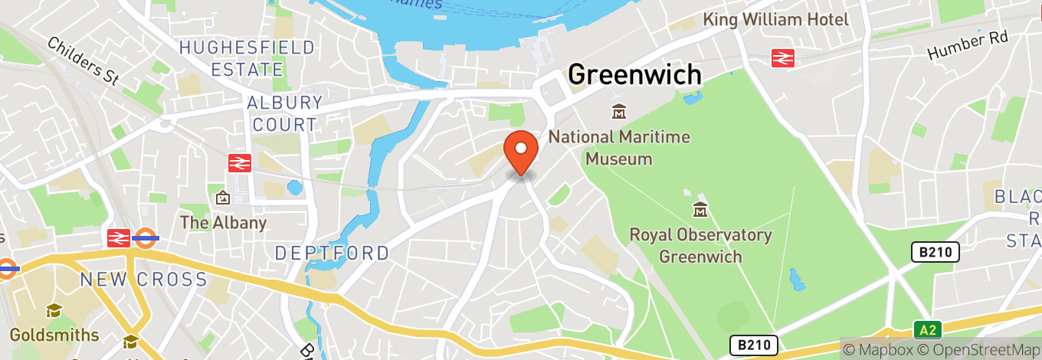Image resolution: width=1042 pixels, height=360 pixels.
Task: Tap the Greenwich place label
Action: (634, 74)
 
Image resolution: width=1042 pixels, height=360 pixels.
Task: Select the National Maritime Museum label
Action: (619, 148)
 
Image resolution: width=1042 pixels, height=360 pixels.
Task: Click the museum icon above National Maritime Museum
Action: (618, 113)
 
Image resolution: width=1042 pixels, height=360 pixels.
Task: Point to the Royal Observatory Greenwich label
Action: (700, 245)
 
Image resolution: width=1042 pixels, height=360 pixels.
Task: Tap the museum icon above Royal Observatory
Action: (700, 208)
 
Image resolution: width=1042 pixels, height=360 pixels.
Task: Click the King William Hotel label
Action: (776, 19)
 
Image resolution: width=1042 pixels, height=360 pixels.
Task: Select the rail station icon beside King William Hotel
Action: (782, 57)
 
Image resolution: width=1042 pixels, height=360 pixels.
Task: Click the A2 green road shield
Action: (927, 330)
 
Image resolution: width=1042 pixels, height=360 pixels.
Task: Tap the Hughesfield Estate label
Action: (247, 58)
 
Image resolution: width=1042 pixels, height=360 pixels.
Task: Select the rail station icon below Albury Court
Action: (240, 162)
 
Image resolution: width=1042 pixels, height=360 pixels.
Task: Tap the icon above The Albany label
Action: (223, 198)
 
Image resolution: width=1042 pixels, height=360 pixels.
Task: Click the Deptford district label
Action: (332, 253)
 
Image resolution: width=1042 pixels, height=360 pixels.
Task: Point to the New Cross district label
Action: (143, 280)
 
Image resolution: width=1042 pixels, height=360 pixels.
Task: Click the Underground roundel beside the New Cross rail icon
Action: (146, 238)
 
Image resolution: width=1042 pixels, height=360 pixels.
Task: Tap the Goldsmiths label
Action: (54, 335)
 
